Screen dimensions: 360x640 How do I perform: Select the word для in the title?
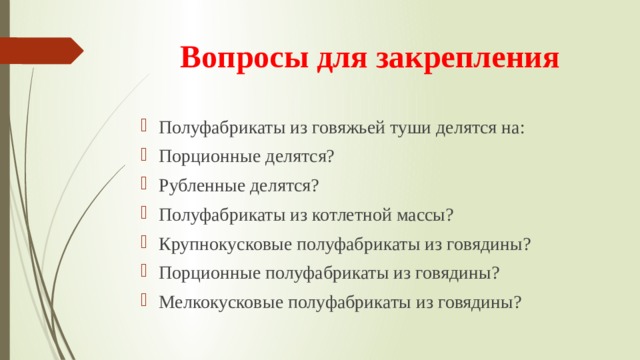(336, 57)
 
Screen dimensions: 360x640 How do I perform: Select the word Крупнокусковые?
(221, 244)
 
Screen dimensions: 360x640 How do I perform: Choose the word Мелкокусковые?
(216, 302)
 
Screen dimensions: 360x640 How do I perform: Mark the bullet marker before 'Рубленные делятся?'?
(146, 184)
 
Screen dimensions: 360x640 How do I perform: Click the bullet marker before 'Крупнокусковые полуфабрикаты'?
(146, 243)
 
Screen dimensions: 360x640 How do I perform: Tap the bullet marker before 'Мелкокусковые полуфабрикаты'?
(146, 301)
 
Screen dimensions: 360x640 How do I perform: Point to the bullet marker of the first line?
(146, 126)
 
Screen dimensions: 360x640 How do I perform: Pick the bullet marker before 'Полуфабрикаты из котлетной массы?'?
(146, 214)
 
